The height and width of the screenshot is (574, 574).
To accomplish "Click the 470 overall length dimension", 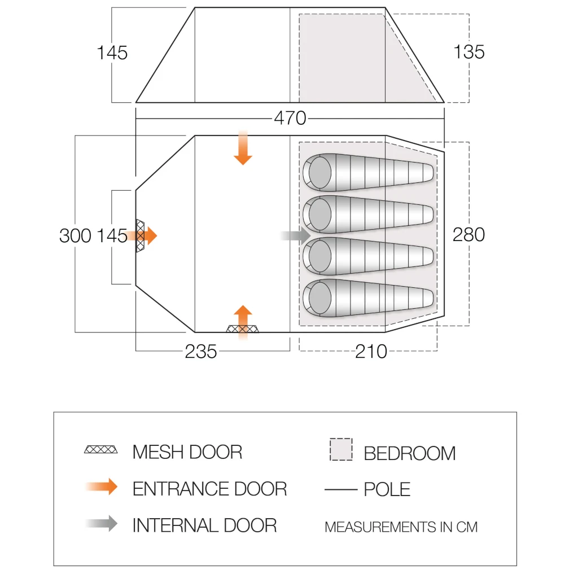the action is pyautogui.click(x=290, y=118).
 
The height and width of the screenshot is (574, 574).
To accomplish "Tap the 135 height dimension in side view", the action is pyautogui.click(x=469, y=51).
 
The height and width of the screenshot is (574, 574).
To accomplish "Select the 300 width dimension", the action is pyautogui.click(x=75, y=235).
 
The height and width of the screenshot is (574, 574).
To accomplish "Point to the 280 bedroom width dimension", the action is pyautogui.click(x=468, y=234).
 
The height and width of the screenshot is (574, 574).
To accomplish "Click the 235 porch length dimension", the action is pyautogui.click(x=200, y=352).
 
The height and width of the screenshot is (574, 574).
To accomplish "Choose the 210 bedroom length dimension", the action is pyautogui.click(x=371, y=352).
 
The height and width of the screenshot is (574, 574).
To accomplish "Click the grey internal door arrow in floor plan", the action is pyautogui.click(x=295, y=235).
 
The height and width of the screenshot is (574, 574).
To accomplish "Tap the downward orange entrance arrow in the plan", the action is pyautogui.click(x=243, y=147).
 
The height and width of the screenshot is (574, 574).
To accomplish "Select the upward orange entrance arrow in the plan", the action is pyautogui.click(x=243, y=322).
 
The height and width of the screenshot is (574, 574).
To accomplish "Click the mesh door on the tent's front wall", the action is pyautogui.click(x=140, y=236).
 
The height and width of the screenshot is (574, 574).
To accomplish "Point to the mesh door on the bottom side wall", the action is pyautogui.click(x=242, y=328).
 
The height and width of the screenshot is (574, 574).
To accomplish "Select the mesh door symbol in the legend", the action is pyautogui.click(x=100, y=449).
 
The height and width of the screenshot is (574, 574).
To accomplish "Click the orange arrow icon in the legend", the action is pyautogui.click(x=102, y=487).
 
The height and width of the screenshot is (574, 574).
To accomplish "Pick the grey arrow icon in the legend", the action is pyautogui.click(x=102, y=523).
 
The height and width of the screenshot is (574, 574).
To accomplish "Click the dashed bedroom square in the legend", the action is pyautogui.click(x=341, y=449).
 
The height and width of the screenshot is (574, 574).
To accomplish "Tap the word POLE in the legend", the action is pyautogui.click(x=387, y=489).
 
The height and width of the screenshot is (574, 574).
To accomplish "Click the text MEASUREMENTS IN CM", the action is pyautogui.click(x=401, y=527).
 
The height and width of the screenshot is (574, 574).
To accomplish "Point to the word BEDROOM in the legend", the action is pyautogui.click(x=410, y=453).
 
